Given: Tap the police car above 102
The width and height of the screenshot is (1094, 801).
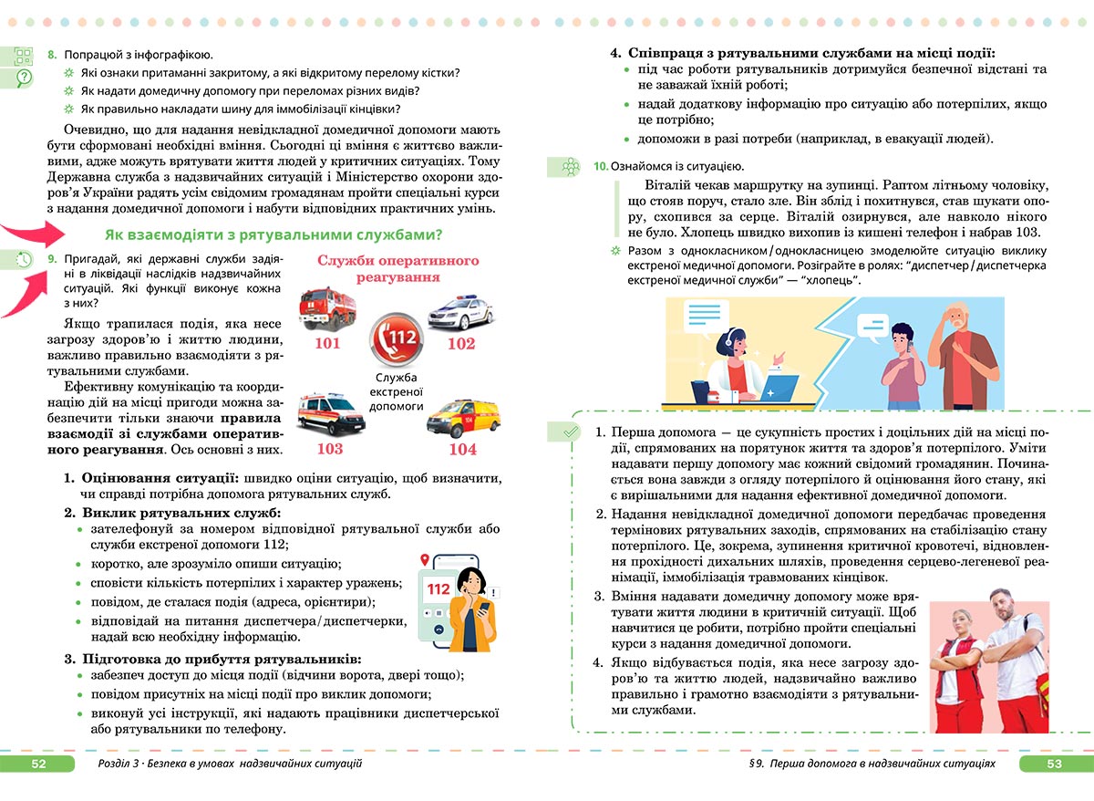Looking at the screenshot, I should (x=460, y=313).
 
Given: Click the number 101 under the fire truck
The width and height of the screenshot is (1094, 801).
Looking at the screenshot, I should (x=327, y=344).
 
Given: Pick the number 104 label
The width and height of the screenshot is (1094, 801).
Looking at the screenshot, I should (x=462, y=449).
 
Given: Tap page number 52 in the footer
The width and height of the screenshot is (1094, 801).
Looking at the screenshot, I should (x=38, y=764).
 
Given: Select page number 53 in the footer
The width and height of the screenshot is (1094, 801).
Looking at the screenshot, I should (x=1054, y=764).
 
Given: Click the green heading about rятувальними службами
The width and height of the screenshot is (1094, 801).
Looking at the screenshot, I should (x=273, y=234).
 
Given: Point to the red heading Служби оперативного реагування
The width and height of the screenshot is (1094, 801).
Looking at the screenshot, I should (x=397, y=268).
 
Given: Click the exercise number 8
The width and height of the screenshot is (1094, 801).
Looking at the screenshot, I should (x=52, y=56).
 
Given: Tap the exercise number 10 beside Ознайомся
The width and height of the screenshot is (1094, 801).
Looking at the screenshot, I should (x=600, y=166).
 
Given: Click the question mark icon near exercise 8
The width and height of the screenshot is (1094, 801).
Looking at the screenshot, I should (x=25, y=78).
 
